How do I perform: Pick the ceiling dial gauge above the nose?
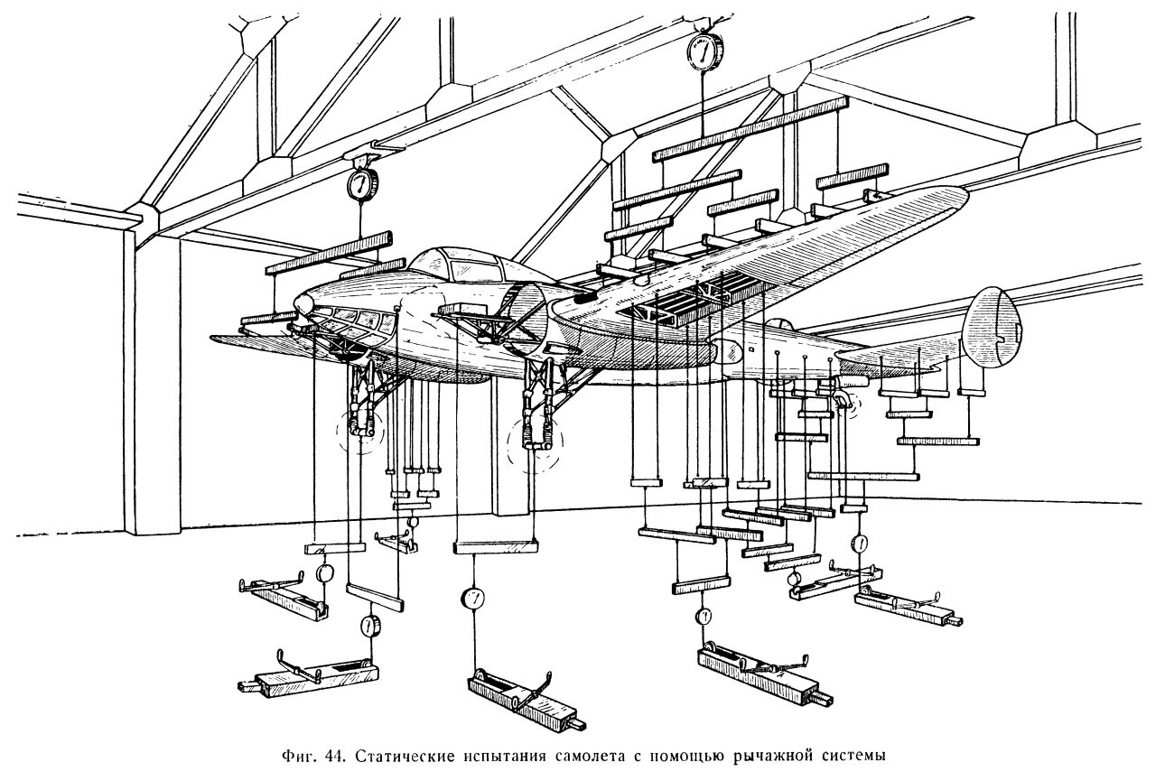pyautogui.click(x=359, y=183)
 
